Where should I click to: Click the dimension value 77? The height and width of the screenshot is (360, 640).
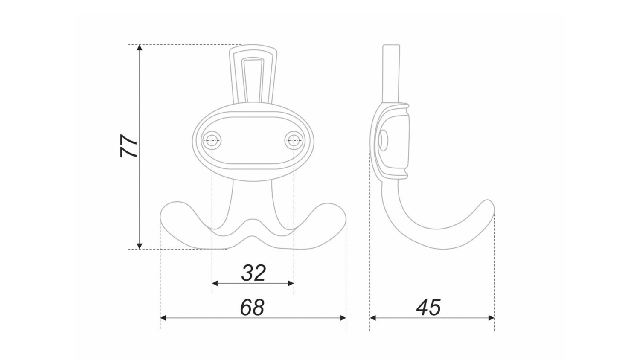128,146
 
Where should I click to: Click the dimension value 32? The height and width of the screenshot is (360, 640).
253,273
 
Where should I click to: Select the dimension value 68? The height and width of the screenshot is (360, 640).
252,308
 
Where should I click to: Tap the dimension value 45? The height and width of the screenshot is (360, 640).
428,308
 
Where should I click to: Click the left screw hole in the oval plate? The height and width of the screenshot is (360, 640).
212,140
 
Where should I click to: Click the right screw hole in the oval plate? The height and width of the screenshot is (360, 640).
294,140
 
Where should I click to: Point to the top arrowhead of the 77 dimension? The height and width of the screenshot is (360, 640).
140,47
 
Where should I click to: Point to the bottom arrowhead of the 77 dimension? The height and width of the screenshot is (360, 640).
140,246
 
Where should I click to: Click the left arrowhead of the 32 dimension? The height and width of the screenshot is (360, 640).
215,283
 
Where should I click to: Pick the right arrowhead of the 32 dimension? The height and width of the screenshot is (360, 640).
291,283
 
